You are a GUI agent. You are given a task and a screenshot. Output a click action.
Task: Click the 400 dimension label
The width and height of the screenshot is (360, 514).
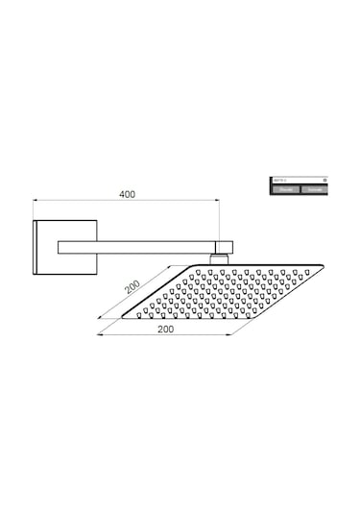127,193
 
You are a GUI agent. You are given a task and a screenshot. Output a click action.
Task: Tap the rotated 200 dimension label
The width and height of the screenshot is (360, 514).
132,284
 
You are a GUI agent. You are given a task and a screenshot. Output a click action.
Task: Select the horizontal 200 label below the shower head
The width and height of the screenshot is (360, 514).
165,329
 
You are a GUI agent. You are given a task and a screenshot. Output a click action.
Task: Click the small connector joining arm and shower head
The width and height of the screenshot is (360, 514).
220,256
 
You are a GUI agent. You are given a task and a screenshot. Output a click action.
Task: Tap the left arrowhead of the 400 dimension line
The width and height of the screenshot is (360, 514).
36,201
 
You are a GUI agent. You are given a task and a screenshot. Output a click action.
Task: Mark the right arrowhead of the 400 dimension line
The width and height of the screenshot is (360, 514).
225,201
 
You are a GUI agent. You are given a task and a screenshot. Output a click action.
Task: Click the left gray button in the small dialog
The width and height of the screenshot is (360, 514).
285,190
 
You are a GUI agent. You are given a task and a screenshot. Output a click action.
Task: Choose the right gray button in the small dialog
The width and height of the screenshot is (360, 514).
314,190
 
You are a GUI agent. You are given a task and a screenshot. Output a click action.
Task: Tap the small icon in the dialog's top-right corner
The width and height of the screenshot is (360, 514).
324,180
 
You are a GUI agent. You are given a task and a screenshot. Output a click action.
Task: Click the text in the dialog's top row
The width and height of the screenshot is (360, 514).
279,180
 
